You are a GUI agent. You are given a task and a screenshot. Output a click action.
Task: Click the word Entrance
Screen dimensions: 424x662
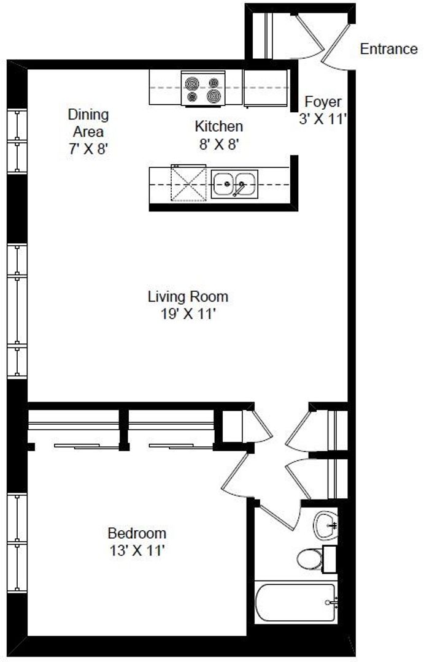tap(388, 49)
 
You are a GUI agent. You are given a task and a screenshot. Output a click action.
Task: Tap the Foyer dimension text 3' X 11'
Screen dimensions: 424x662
tap(323, 119)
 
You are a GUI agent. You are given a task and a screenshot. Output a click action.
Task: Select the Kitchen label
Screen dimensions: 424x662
tap(218, 126)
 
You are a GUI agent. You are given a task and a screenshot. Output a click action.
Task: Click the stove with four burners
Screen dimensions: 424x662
tap(203, 88)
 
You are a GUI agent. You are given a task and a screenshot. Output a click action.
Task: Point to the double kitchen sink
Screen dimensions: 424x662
tap(234, 184)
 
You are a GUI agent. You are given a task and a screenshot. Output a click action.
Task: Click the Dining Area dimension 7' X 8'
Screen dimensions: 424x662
tap(89, 148)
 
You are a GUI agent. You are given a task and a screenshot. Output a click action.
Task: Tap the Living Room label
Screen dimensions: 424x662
tap(188, 297)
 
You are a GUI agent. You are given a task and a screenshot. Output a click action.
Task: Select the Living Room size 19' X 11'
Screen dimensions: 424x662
tap(188, 314)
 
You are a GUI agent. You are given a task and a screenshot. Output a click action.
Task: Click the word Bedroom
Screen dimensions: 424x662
tap(137, 533)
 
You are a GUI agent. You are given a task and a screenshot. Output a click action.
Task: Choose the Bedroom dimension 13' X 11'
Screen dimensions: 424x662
tap(137, 550)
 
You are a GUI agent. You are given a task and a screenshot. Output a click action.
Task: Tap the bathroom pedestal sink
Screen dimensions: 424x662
tap(325, 525)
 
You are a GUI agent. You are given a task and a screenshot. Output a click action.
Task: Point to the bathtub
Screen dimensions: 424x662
tap(296, 603)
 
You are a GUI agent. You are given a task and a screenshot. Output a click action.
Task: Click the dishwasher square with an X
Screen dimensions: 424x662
tap(188, 183)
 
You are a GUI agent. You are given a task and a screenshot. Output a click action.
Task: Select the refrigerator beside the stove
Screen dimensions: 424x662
tap(266, 88)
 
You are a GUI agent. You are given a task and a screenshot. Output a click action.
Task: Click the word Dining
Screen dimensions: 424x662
tap(88, 115)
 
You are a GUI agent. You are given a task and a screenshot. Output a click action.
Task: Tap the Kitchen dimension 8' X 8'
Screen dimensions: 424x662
tap(220, 145)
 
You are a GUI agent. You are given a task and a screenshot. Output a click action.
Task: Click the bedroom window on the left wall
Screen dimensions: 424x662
tap(17, 542)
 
